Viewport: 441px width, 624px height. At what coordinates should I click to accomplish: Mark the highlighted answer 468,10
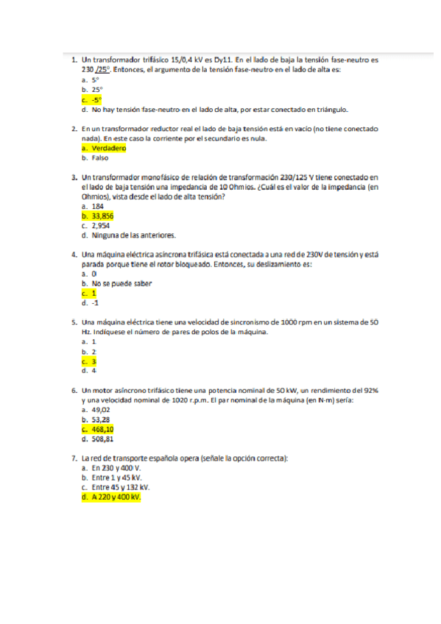point(102,429)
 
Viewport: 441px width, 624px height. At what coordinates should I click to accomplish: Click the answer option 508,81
point(102,439)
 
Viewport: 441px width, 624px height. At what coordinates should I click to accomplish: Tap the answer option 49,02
point(101,409)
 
